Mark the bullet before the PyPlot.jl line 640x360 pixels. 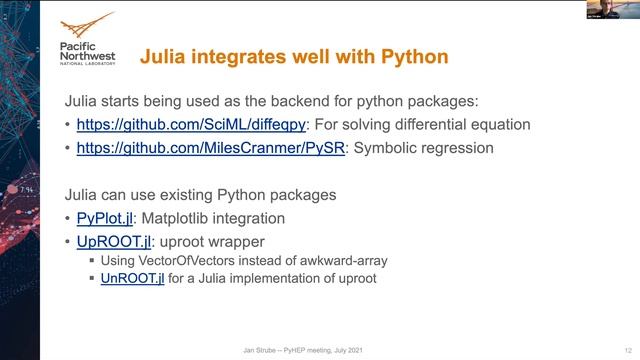pos(68,218)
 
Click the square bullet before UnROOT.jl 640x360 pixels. pos(93,279)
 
